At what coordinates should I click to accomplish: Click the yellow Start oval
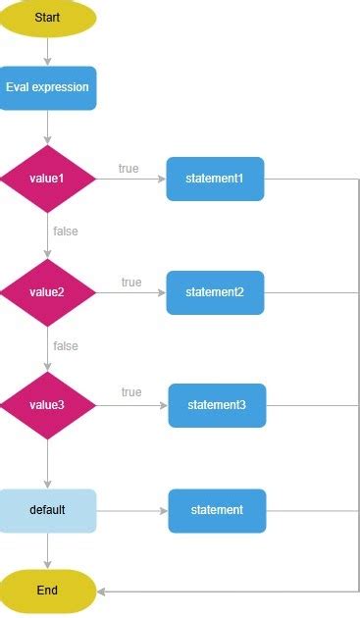47,18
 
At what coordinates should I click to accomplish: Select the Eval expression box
47,87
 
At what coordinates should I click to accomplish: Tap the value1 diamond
47,179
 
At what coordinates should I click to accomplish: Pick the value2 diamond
47,292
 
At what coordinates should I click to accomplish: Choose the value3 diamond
47,405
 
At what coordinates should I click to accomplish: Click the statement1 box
215,179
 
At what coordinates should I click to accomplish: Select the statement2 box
215,292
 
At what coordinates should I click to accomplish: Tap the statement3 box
217,405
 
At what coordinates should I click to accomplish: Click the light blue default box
47,510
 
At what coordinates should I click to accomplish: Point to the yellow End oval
47,591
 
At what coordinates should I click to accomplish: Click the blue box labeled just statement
217,510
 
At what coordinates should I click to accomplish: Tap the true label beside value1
129,169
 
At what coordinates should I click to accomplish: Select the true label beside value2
131,283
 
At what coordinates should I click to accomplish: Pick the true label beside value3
131,392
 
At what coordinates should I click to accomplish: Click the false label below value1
66,232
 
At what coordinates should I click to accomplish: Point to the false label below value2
66,346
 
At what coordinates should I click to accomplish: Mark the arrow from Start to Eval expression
47,50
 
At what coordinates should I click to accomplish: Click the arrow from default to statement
132,510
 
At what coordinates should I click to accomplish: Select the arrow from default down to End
47,550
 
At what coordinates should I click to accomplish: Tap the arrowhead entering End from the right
102,591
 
